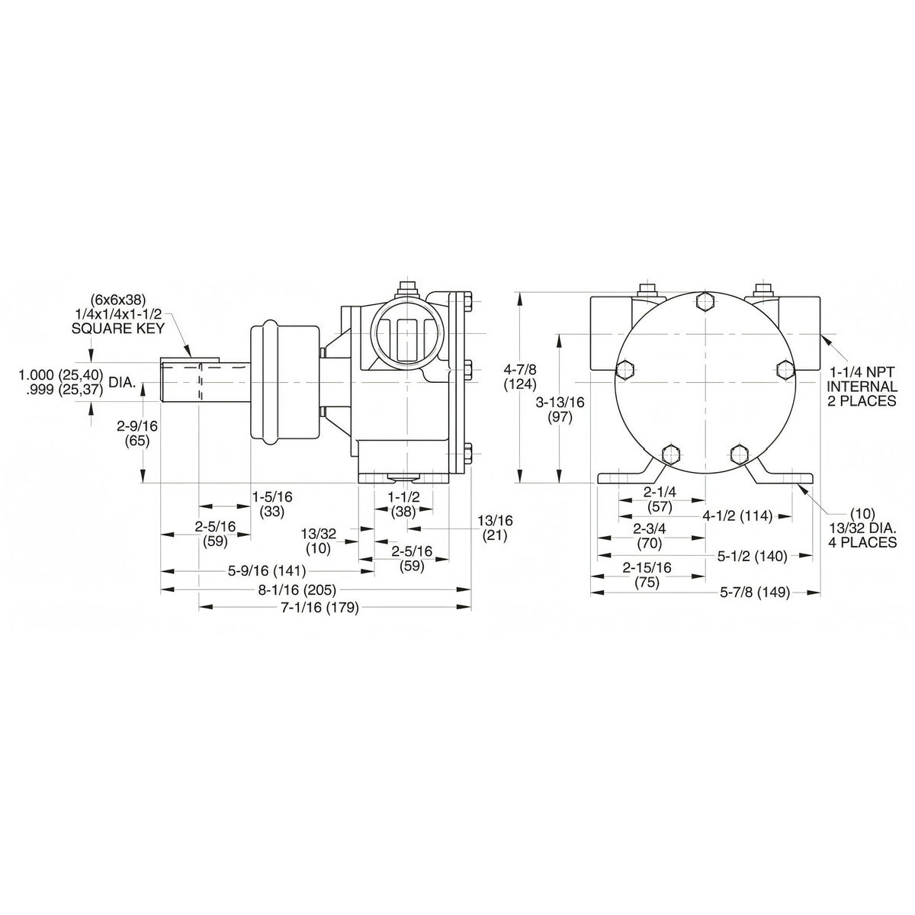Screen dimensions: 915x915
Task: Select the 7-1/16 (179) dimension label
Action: pyautogui.click(x=319, y=608)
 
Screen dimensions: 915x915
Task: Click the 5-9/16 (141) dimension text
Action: pyautogui.click(x=267, y=570)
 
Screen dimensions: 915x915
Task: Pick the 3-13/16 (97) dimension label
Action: pyautogui.click(x=560, y=409)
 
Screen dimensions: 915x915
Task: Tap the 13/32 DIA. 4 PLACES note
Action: pyautogui.click(x=862, y=528)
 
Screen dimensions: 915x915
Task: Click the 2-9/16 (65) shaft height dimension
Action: pyautogui.click(x=137, y=433)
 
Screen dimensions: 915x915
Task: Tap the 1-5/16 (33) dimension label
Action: pyautogui.click(x=272, y=505)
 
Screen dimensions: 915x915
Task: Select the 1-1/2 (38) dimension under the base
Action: pyautogui.click(x=403, y=505)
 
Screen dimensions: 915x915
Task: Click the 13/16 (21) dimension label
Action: pyautogui.click(x=495, y=528)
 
